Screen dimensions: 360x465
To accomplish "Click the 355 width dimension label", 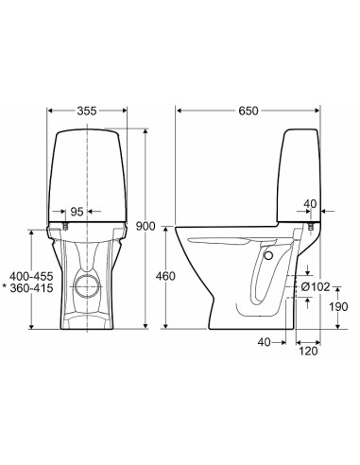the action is point(87,111).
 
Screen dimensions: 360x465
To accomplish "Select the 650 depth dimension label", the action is point(249,111).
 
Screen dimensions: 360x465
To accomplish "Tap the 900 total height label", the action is point(146,226).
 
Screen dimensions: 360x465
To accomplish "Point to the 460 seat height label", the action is point(165,276).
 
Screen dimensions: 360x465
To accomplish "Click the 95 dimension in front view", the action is point(77,212).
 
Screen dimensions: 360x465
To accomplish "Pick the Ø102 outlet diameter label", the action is point(315,286).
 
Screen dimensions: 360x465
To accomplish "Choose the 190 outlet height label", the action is point(338,306).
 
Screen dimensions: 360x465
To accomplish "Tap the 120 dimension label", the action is point(308,351).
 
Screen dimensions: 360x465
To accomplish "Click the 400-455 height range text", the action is point(31,277).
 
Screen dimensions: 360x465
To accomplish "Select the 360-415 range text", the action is point(31,288).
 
